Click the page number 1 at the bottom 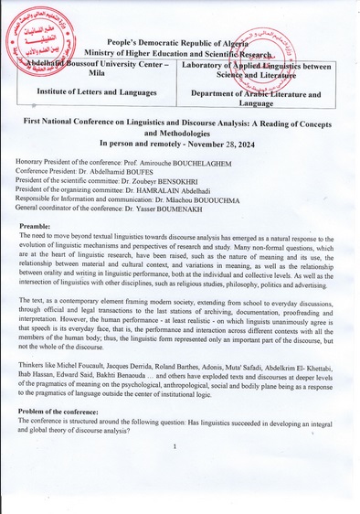174,446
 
